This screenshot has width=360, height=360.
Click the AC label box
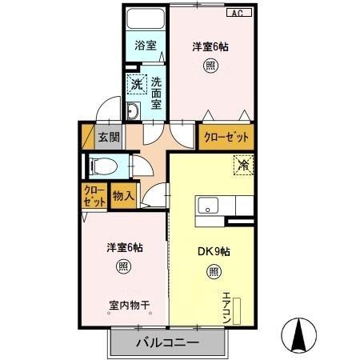pyautogui.click(x=238, y=14)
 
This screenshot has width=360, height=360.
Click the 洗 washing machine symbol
pyautogui.click(x=137, y=84)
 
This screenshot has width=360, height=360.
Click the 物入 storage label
pyautogui.click(x=122, y=195)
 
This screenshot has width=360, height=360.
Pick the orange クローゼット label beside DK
pyautogui.click(x=226, y=137)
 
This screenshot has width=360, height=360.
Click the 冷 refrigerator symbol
pyautogui.click(x=242, y=166)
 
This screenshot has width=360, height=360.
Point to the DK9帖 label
pyautogui.click(x=214, y=250)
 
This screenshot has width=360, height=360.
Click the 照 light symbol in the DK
pyautogui.click(x=214, y=271)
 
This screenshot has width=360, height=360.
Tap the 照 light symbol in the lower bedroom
pyautogui.click(x=123, y=266)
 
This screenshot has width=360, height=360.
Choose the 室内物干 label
pyautogui.click(x=129, y=305)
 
